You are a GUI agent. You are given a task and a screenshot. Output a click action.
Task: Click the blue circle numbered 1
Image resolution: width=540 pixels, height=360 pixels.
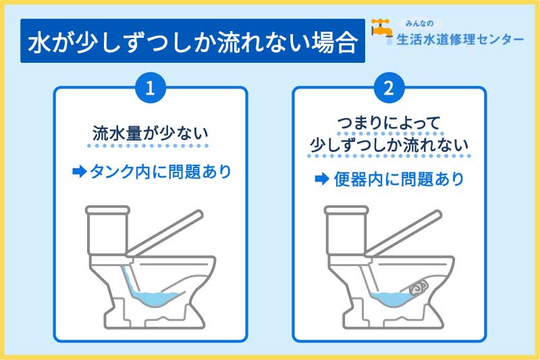click(x=151, y=88)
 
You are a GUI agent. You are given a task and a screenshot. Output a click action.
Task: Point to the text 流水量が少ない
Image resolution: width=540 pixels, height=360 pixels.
click(x=151, y=134)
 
